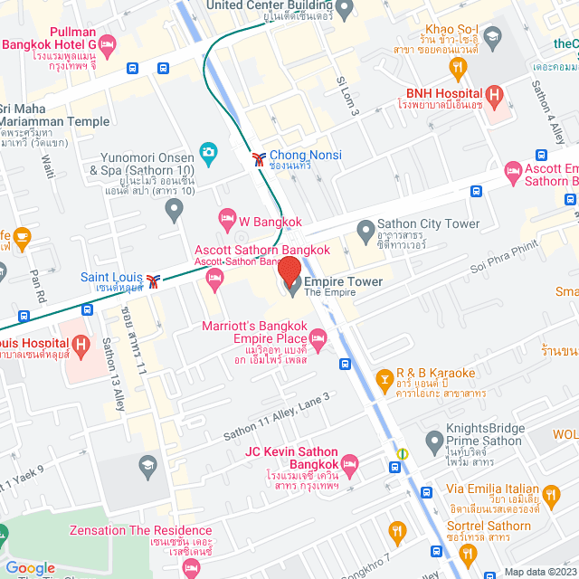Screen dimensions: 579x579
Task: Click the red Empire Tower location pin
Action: pyautogui.click(x=289, y=271)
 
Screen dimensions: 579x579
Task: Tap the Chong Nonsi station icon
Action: pyautogui.click(x=259, y=158)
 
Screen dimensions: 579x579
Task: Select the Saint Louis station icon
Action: pyautogui.click(x=156, y=280)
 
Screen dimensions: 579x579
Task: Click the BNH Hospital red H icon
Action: pyautogui.click(x=494, y=93)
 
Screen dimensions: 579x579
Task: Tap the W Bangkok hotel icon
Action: pyautogui.click(x=227, y=218)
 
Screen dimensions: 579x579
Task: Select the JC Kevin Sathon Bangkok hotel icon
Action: pyautogui.click(x=350, y=464)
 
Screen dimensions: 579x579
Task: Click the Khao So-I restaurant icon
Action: pyautogui.click(x=459, y=65)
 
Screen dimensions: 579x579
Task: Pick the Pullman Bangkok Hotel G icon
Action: pyautogui.click(x=108, y=43)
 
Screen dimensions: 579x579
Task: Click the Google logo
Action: pyautogui.click(x=31, y=567)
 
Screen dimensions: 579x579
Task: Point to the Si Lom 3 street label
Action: pyautogui.click(x=348, y=95)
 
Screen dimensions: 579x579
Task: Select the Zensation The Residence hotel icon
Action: pyautogui.click(x=190, y=567)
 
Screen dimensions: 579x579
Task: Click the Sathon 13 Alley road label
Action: pyautogui.click(x=113, y=374)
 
